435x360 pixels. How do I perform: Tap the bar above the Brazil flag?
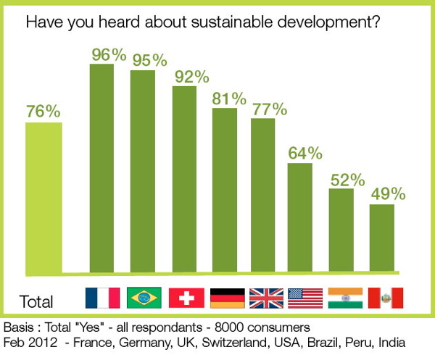(x=143, y=171)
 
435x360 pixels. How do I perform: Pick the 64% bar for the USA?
(x=300, y=217)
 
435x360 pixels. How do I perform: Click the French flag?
(x=102, y=298)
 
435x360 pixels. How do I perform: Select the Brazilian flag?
(x=144, y=298)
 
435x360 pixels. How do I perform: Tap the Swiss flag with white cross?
(x=186, y=298)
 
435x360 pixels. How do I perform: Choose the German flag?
(x=225, y=298)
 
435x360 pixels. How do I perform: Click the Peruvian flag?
(x=384, y=298)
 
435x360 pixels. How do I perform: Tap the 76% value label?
(x=43, y=112)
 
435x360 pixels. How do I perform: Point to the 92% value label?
(x=191, y=77)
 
